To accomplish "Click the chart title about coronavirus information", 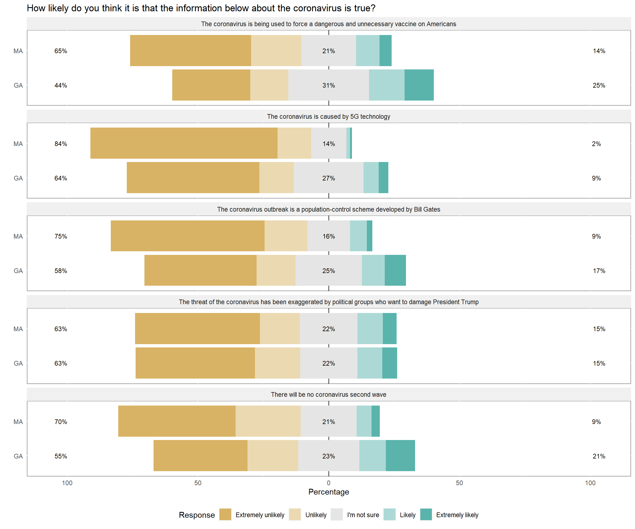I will (201, 8).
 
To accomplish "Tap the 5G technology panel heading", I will (328, 117).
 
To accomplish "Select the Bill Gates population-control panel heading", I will (328, 209).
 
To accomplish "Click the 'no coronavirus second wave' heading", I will (328, 395).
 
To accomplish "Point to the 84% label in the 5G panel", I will (61, 144).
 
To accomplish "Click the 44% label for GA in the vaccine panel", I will (61, 85).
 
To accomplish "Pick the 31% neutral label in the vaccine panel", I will (328, 85).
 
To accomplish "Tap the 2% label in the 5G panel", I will (596, 144).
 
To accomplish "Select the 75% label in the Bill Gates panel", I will (61, 236).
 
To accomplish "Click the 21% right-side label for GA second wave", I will (599, 456).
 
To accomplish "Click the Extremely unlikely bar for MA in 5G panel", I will (184, 143).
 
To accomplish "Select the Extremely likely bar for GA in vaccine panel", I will (419, 85).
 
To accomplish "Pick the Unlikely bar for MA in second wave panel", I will (268, 421).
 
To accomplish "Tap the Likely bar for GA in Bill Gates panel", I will (373, 270).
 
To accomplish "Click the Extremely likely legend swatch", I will (426, 514).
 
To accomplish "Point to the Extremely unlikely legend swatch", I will (225, 514).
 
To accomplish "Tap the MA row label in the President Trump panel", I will (18, 329).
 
